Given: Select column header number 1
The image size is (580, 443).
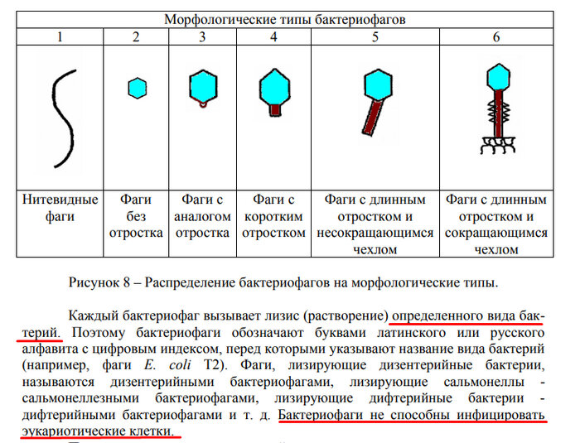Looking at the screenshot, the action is (60, 36).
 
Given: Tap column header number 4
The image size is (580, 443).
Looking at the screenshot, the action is (273, 36).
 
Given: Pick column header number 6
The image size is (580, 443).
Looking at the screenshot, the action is (495, 36).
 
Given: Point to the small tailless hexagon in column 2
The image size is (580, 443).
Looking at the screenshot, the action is (137, 86).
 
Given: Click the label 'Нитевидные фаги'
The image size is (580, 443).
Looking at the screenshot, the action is (60, 209).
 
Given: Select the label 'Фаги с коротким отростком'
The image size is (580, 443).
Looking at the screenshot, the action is (273, 217).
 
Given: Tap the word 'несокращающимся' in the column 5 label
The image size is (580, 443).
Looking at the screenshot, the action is (375, 233).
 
